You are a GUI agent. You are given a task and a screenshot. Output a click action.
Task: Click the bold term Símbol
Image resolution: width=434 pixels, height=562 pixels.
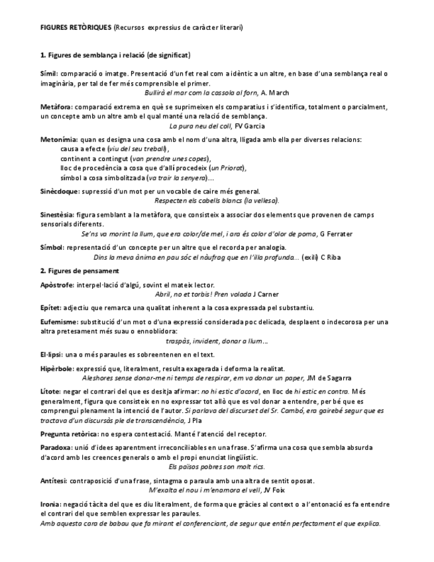click(x=51, y=247)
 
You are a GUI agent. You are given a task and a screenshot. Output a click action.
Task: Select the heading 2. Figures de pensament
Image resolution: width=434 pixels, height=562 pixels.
click(x=79, y=270)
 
